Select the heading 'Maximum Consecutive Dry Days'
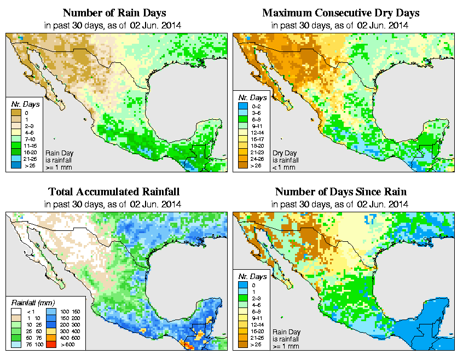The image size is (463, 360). coord(340,13)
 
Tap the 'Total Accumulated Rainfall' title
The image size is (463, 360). coord(113,192)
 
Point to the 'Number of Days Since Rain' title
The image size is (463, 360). coord(340,192)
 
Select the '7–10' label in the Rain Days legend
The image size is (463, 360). coord(29,140)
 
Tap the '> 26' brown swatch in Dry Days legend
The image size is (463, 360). coord(242,164)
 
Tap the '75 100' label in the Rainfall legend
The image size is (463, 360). coord(31,346)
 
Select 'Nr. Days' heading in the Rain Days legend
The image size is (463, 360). coord(22,104)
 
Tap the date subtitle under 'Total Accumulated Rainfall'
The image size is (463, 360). coord(113,204)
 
